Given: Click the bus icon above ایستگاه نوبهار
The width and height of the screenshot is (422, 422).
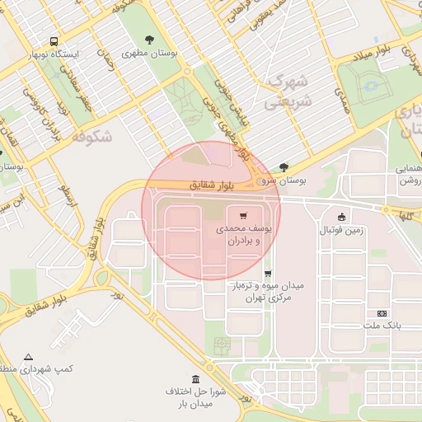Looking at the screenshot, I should click(54, 40).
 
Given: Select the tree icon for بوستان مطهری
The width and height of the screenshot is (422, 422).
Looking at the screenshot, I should click(149, 39).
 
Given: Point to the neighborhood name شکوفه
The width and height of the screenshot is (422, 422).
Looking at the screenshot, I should click(91, 137).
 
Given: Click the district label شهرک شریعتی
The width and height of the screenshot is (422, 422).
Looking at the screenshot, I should click(286, 95).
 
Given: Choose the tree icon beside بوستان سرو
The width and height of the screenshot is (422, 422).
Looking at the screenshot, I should click(284, 166).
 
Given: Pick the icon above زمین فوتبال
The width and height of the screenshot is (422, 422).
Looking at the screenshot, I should click(342, 217).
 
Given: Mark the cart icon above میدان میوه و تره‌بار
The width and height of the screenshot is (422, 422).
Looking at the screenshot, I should click(267, 274).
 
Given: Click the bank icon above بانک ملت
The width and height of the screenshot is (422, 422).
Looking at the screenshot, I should click(382, 313).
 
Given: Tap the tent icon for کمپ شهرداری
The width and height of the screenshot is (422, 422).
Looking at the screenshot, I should click(29, 357).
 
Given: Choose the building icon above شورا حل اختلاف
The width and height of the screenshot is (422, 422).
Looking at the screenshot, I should click(195, 378).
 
